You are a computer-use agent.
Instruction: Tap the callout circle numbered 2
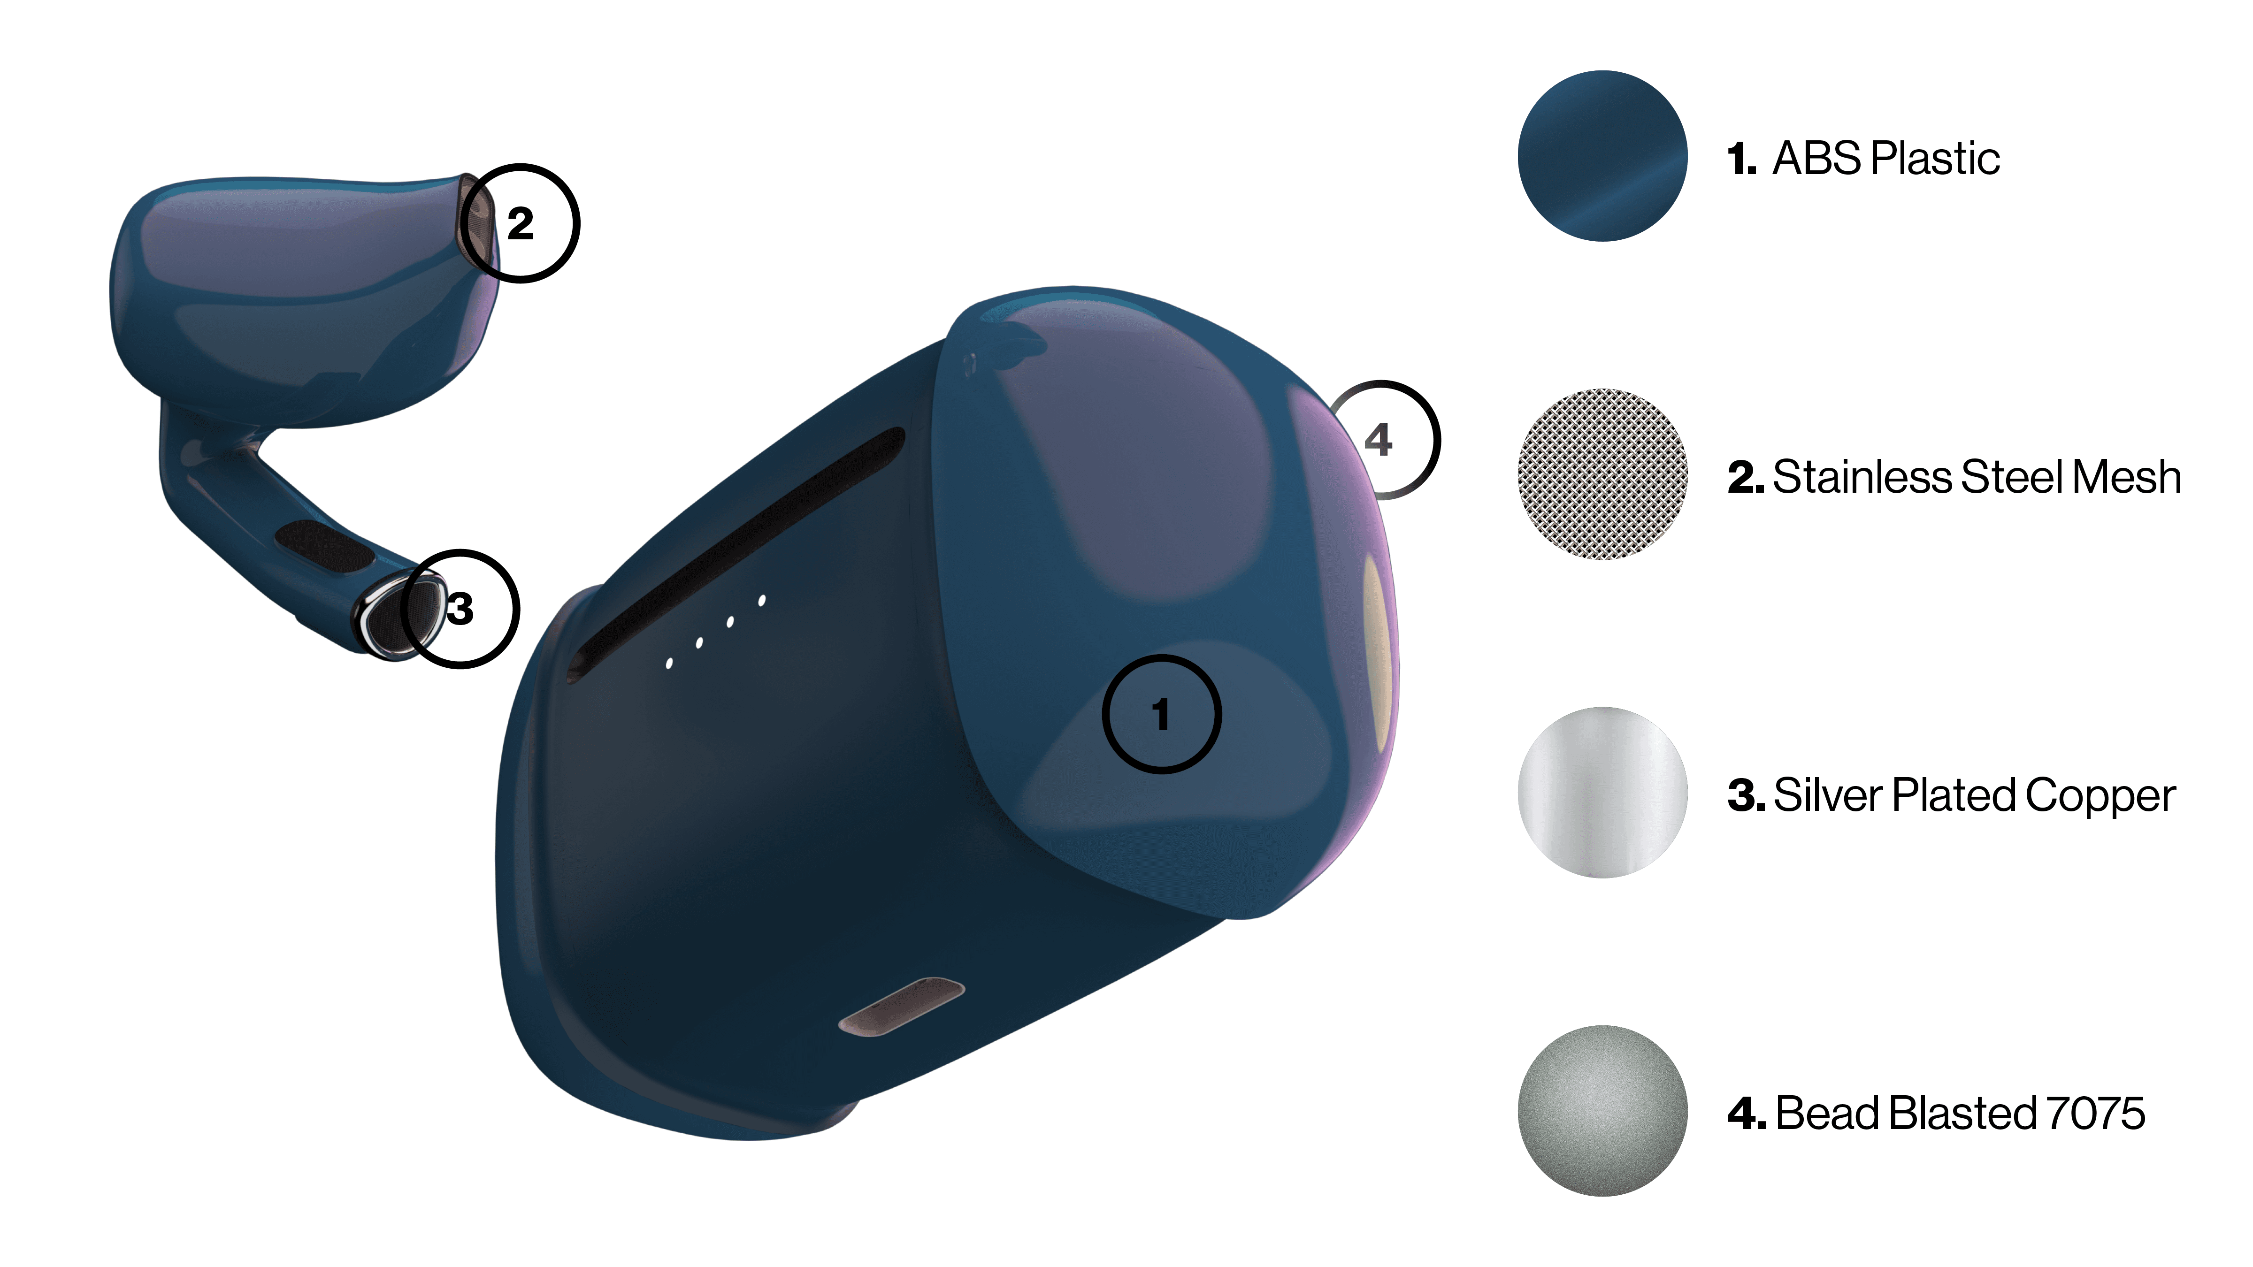[521, 223]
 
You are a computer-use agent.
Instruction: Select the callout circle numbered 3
[460, 609]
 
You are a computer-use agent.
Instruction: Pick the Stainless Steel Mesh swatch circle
[1602, 474]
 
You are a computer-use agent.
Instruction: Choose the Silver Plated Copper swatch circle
[1602, 792]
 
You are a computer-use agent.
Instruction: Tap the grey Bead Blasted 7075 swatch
[1602, 1110]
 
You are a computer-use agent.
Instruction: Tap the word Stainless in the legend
[1863, 477]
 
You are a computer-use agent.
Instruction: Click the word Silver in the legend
[1828, 796]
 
